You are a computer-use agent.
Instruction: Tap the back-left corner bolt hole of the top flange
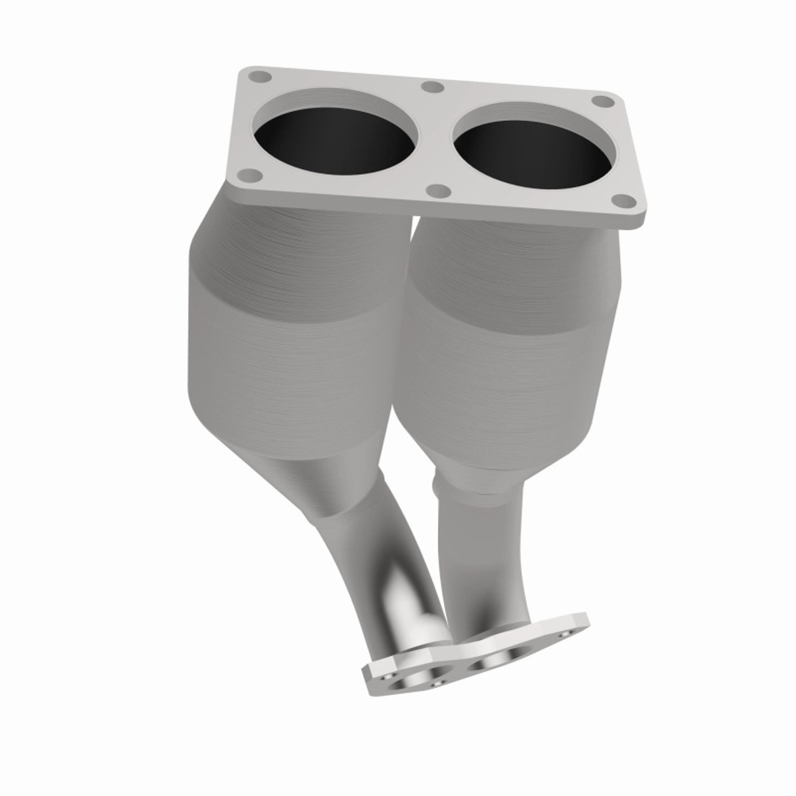(x=261, y=77)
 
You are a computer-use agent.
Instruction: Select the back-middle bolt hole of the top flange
(x=432, y=88)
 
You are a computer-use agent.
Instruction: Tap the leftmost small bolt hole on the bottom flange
(x=387, y=676)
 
